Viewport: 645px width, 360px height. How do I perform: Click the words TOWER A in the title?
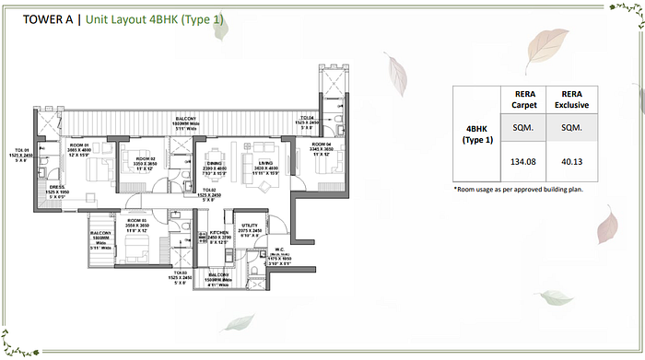[x=43, y=17]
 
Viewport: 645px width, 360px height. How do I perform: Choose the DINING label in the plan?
[x=214, y=163]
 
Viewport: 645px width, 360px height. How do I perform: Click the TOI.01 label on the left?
[x=20, y=150]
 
